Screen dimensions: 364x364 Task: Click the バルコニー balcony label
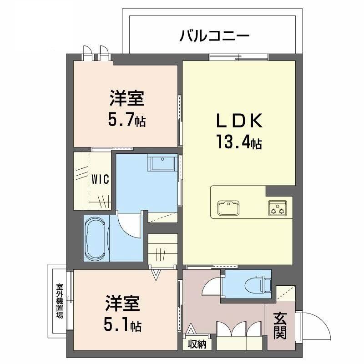coord(215,35)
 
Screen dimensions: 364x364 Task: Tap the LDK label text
coord(239,121)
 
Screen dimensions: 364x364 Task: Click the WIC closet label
coord(100,179)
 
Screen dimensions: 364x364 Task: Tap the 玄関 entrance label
coord(280,327)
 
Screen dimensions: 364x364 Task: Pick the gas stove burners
coord(277,209)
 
